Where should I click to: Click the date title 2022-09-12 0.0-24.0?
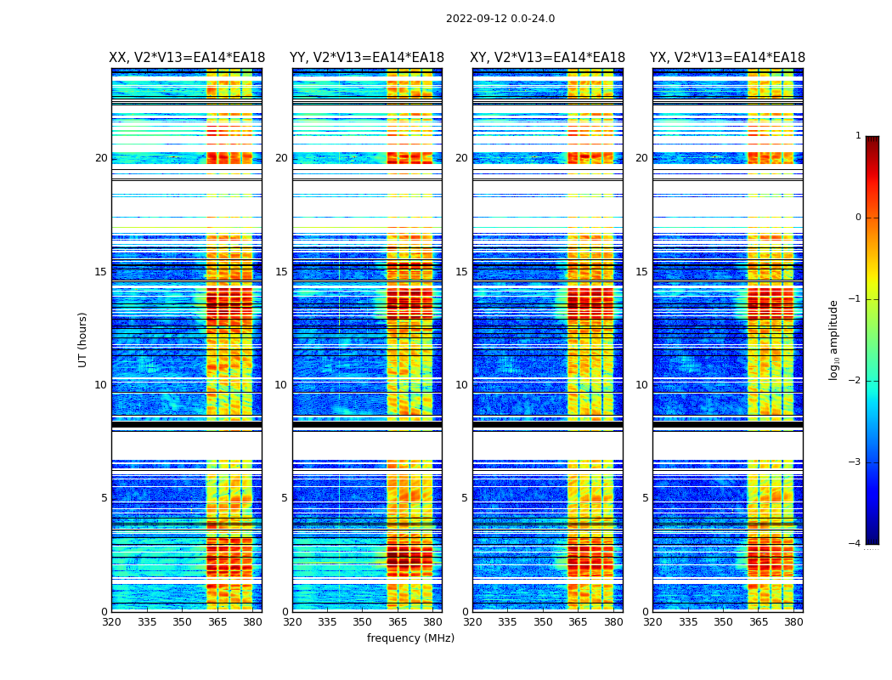point(500,19)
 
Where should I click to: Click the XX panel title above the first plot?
point(187,58)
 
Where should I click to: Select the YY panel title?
point(367,58)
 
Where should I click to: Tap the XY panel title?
point(548,58)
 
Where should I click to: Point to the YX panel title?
point(727,58)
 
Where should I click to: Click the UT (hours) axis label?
point(83,339)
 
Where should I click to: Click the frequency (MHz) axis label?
point(410,638)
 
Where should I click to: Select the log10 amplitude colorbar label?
point(834,339)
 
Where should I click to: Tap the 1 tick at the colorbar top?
point(857,136)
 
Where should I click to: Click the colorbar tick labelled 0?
point(857,218)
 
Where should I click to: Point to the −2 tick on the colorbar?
point(855,381)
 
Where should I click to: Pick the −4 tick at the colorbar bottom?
point(855,544)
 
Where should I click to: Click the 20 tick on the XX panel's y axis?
point(101,158)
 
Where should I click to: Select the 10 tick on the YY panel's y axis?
point(281,385)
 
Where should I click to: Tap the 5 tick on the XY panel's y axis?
point(464,498)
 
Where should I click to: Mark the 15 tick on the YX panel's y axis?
point(641,272)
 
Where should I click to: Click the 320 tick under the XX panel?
point(111,622)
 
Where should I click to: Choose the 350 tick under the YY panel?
point(363,622)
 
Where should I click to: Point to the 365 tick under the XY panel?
point(578,622)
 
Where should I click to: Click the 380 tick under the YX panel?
point(793,622)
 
